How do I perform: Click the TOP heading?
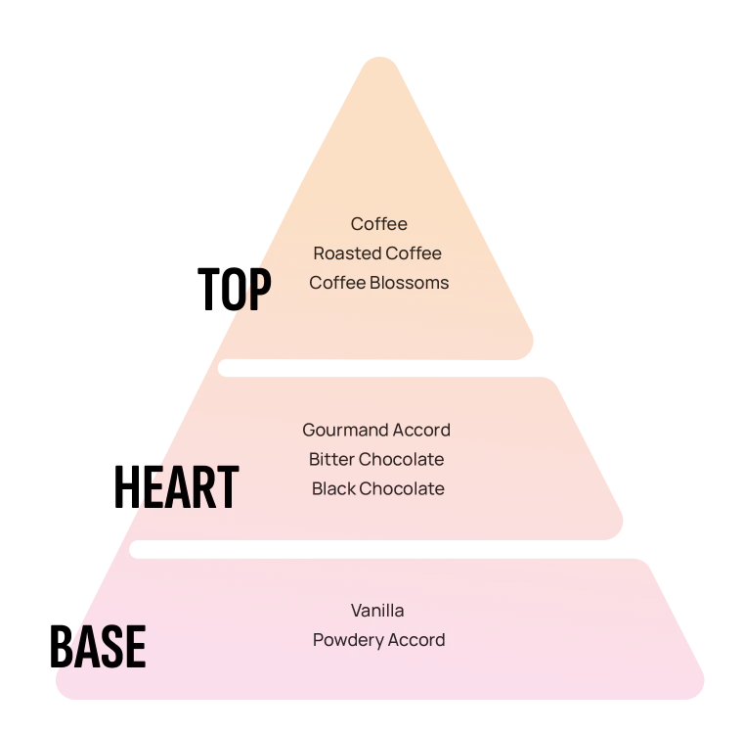click(x=234, y=289)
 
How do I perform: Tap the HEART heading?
click(x=176, y=486)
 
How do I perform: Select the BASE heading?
click(x=98, y=646)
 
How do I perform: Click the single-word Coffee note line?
click(x=378, y=224)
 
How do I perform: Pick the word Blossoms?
click(x=409, y=283)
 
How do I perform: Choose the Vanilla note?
click(x=377, y=611)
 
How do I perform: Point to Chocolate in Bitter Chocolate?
click(x=402, y=459)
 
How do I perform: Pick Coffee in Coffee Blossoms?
click(x=337, y=283)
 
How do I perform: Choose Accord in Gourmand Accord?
click(x=421, y=430)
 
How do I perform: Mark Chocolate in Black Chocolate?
click(x=402, y=488)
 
